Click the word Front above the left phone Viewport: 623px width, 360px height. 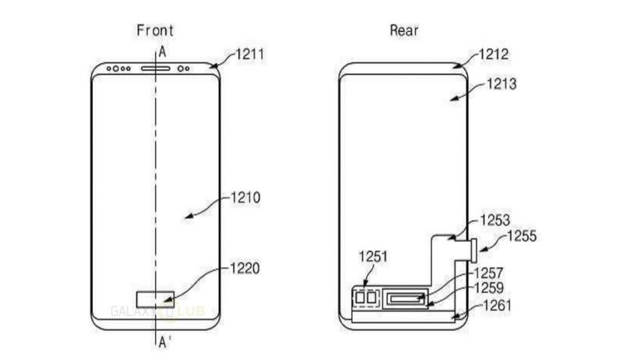coord(154,31)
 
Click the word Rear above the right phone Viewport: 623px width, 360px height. coord(404,31)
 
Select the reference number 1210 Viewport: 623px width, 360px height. coord(245,198)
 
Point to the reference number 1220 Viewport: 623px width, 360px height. coord(245,269)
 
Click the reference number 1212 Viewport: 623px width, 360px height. coord(493,55)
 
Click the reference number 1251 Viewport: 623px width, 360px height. coord(374,256)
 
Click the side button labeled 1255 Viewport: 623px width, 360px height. coord(474,250)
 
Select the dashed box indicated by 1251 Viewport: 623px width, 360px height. coord(364,298)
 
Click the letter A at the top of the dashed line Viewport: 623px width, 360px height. coord(161,52)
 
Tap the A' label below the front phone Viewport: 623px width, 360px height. coord(164,341)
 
